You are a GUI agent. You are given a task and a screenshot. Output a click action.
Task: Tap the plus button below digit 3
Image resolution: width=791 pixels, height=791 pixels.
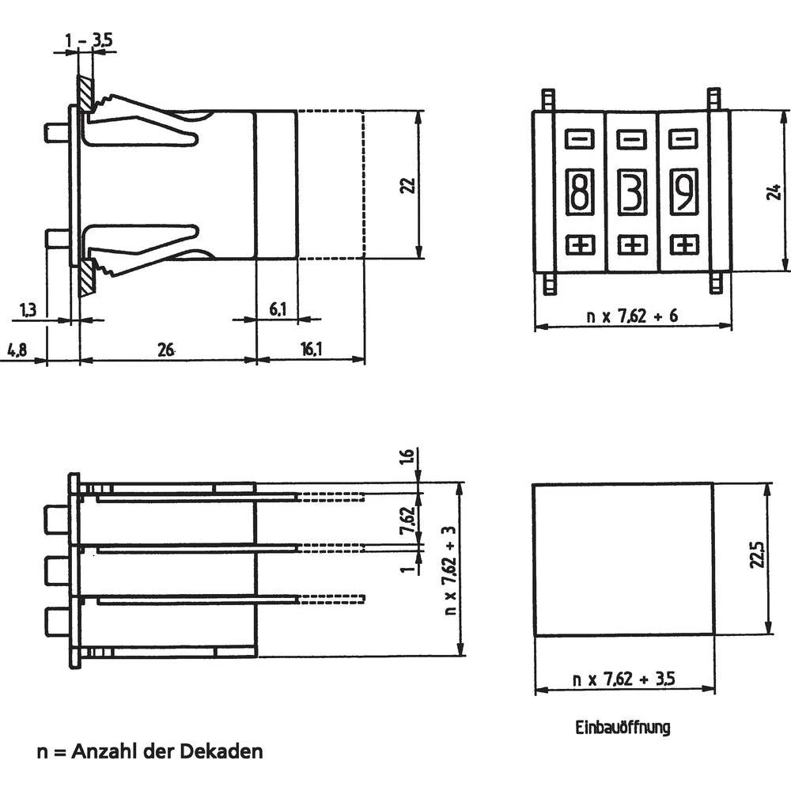[631, 244]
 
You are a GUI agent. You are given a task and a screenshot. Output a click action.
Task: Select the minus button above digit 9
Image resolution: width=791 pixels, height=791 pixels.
[682, 140]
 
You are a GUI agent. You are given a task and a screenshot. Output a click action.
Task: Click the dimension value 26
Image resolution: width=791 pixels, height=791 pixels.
[166, 350]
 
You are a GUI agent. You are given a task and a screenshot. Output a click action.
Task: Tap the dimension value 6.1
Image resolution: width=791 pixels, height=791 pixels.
[278, 309]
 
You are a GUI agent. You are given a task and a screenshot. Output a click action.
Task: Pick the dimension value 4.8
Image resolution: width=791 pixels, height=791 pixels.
[17, 350]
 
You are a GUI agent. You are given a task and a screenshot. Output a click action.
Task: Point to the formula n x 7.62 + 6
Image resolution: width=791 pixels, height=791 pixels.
[632, 316]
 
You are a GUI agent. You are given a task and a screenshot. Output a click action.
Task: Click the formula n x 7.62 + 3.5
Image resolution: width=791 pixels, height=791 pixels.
[625, 679]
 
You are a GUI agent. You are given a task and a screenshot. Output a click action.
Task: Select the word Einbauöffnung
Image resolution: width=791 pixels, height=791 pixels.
[622, 727]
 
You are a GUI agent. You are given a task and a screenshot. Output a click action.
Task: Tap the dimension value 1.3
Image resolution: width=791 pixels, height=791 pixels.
[28, 310]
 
